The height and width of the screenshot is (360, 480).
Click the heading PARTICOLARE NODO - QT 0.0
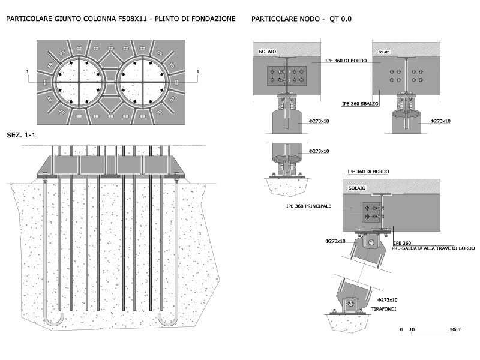tap(301, 19)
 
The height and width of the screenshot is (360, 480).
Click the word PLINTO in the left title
tap(167, 19)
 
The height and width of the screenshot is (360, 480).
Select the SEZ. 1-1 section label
tap(21, 135)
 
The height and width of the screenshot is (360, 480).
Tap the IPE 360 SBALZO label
tap(360, 104)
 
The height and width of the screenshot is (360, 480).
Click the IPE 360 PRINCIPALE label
tap(308, 206)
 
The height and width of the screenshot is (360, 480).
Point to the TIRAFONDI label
tap(383, 309)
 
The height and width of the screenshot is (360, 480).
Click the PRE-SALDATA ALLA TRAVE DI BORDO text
tap(433, 248)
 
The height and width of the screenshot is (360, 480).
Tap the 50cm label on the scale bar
tap(455, 329)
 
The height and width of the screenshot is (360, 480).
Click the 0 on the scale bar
tap(401, 329)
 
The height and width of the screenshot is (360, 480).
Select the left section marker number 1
tap(27, 71)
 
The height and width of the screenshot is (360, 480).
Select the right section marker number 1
tap(198, 71)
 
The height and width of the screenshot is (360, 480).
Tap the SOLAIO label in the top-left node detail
tap(267, 52)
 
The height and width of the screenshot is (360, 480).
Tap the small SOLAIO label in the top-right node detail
tap(384, 52)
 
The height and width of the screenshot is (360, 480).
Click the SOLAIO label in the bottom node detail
tap(356, 188)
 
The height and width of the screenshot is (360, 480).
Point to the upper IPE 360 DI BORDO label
tap(346, 61)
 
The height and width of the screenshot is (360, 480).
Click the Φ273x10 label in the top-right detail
tap(440, 121)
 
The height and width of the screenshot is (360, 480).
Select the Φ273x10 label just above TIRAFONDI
tap(387, 300)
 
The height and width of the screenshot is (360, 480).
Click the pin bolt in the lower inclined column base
tap(351, 304)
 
